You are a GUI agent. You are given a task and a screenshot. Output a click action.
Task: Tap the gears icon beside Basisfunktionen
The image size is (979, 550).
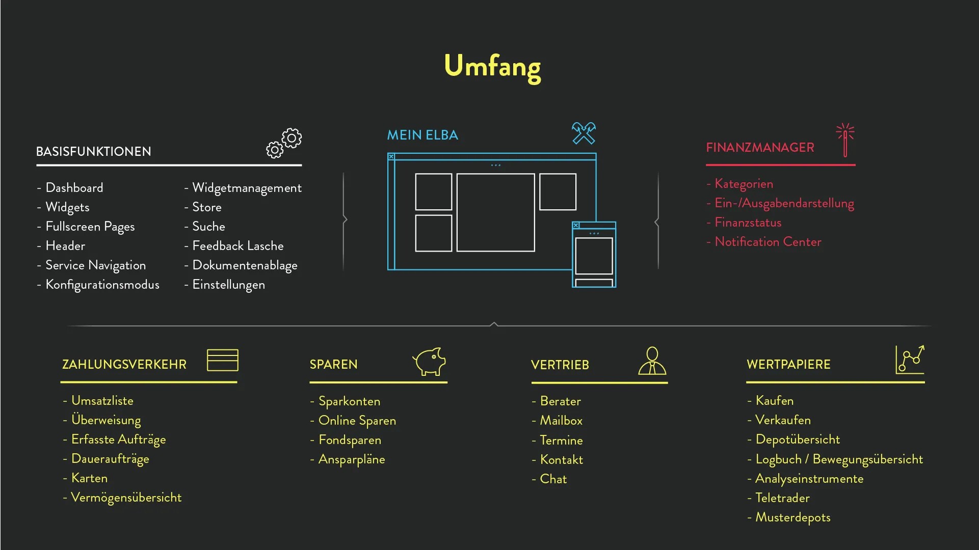(284, 143)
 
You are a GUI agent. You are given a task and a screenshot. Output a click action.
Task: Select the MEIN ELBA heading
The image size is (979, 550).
(422, 135)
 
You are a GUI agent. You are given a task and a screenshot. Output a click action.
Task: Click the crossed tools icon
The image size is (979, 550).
(584, 133)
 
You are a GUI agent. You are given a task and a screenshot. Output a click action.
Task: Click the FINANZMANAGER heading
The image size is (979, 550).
(760, 148)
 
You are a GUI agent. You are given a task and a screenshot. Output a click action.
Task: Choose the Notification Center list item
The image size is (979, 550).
(768, 242)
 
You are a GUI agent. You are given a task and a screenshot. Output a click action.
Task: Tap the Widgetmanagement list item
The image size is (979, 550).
(247, 188)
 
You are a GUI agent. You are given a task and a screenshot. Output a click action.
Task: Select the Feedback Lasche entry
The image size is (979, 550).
(237, 246)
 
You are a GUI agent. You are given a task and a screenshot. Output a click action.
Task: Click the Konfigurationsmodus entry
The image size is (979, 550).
(102, 285)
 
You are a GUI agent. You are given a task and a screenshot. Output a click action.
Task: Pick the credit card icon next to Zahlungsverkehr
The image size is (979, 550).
(223, 360)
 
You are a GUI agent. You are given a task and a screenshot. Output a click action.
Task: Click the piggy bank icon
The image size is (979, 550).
(429, 361)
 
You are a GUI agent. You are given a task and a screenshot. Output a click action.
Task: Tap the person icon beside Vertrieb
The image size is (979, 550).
(652, 361)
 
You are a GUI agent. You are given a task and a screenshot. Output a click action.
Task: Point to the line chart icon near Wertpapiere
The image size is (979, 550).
(910, 360)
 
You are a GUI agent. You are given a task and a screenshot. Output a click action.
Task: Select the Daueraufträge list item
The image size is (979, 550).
(110, 459)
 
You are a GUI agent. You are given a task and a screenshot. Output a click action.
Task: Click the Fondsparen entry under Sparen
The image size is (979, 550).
(350, 440)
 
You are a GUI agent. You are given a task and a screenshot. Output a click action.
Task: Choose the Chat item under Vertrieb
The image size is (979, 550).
(553, 479)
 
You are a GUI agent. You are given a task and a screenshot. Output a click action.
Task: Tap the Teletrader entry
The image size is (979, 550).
(782, 498)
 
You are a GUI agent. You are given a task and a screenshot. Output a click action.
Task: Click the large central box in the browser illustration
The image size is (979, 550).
(495, 212)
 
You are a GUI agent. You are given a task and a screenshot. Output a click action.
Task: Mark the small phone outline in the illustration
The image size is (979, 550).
(594, 255)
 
